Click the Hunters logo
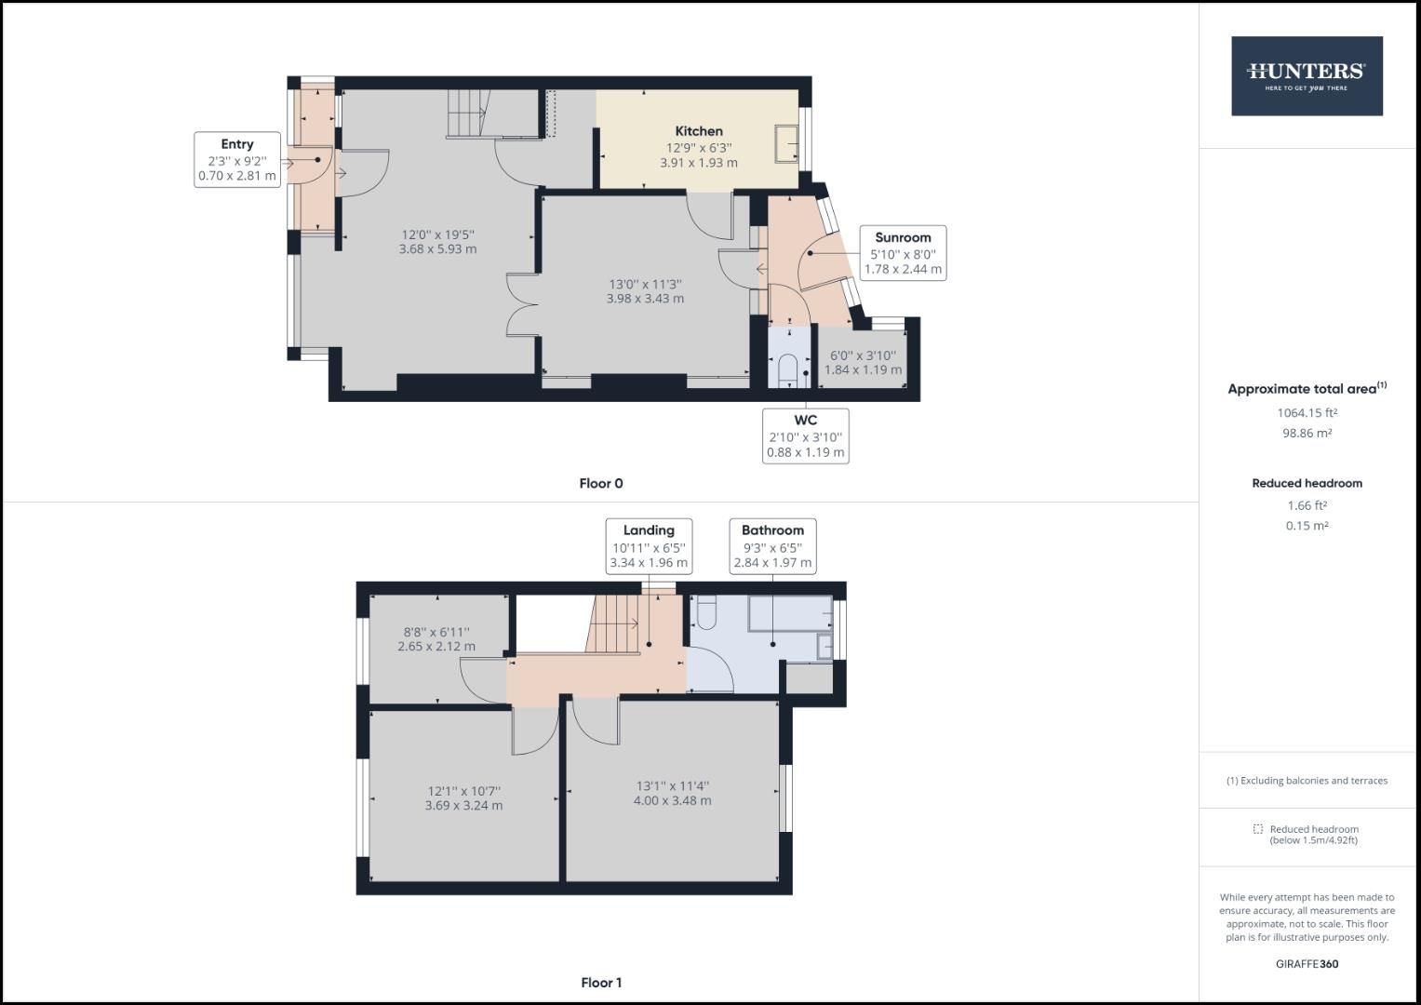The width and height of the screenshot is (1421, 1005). (x=1307, y=76)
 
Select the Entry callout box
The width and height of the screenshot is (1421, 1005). (x=237, y=159)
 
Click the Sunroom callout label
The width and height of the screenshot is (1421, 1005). (x=902, y=252)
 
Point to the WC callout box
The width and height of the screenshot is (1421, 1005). (x=805, y=435)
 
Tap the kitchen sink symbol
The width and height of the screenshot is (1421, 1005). (x=787, y=143)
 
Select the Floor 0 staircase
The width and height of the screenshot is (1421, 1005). (x=467, y=113)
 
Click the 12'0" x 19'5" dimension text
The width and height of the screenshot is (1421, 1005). (x=437, y=242)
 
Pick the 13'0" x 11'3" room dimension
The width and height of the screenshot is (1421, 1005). (x=645, y=291)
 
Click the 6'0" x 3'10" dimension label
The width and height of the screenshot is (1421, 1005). (x=863, y=362)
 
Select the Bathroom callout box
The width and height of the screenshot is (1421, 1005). (x=772, y=546)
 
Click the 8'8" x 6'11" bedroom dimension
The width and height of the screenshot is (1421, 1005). (x=436, y=639)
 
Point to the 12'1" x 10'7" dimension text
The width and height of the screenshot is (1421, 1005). (x=463, y=798)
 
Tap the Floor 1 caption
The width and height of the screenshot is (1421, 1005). (x=601, y=983)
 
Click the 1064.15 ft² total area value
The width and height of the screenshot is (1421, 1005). (x=1307, y=412)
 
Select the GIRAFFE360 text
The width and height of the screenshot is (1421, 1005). (x=1307, y=964)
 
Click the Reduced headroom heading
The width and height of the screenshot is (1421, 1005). (x=1307, y=483)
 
